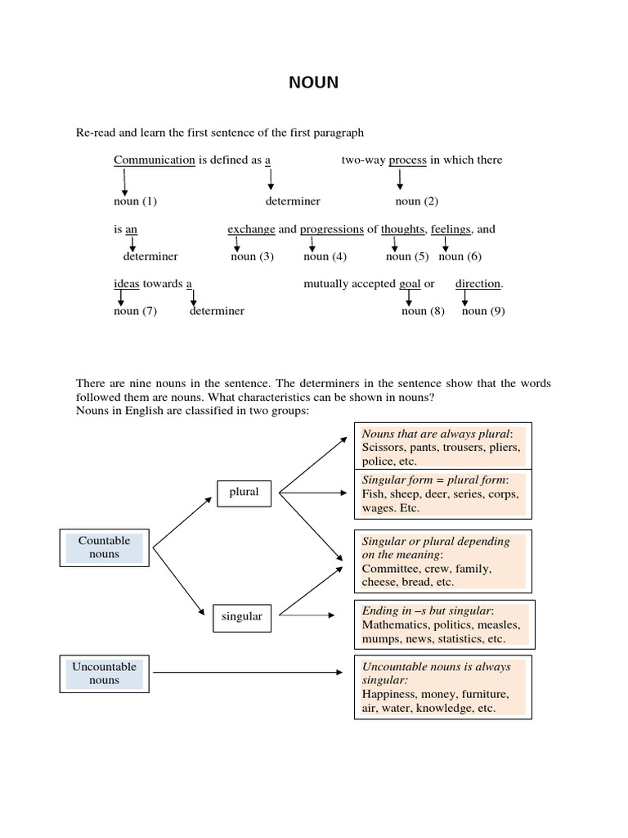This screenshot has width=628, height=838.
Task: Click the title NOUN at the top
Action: [313, 83]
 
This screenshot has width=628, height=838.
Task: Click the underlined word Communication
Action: [154, 160]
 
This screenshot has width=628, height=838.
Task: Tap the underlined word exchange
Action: [251, 229]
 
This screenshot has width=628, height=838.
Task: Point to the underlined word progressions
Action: [331, 229]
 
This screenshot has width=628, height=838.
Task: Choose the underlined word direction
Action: [478, 283]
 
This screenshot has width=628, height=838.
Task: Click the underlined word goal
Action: [410, 283]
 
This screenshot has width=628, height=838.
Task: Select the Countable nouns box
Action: [105, 547]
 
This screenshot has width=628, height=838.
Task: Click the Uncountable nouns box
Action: [105, 673]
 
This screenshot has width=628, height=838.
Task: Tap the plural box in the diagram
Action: [244, 492]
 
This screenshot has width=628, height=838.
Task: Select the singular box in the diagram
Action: [242, 616]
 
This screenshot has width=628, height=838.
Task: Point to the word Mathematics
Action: [395, 625]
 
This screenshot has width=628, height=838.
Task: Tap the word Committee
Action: [390, 568]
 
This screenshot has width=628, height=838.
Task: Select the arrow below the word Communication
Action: [124, 182]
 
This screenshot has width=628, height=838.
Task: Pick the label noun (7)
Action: [135, 311]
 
